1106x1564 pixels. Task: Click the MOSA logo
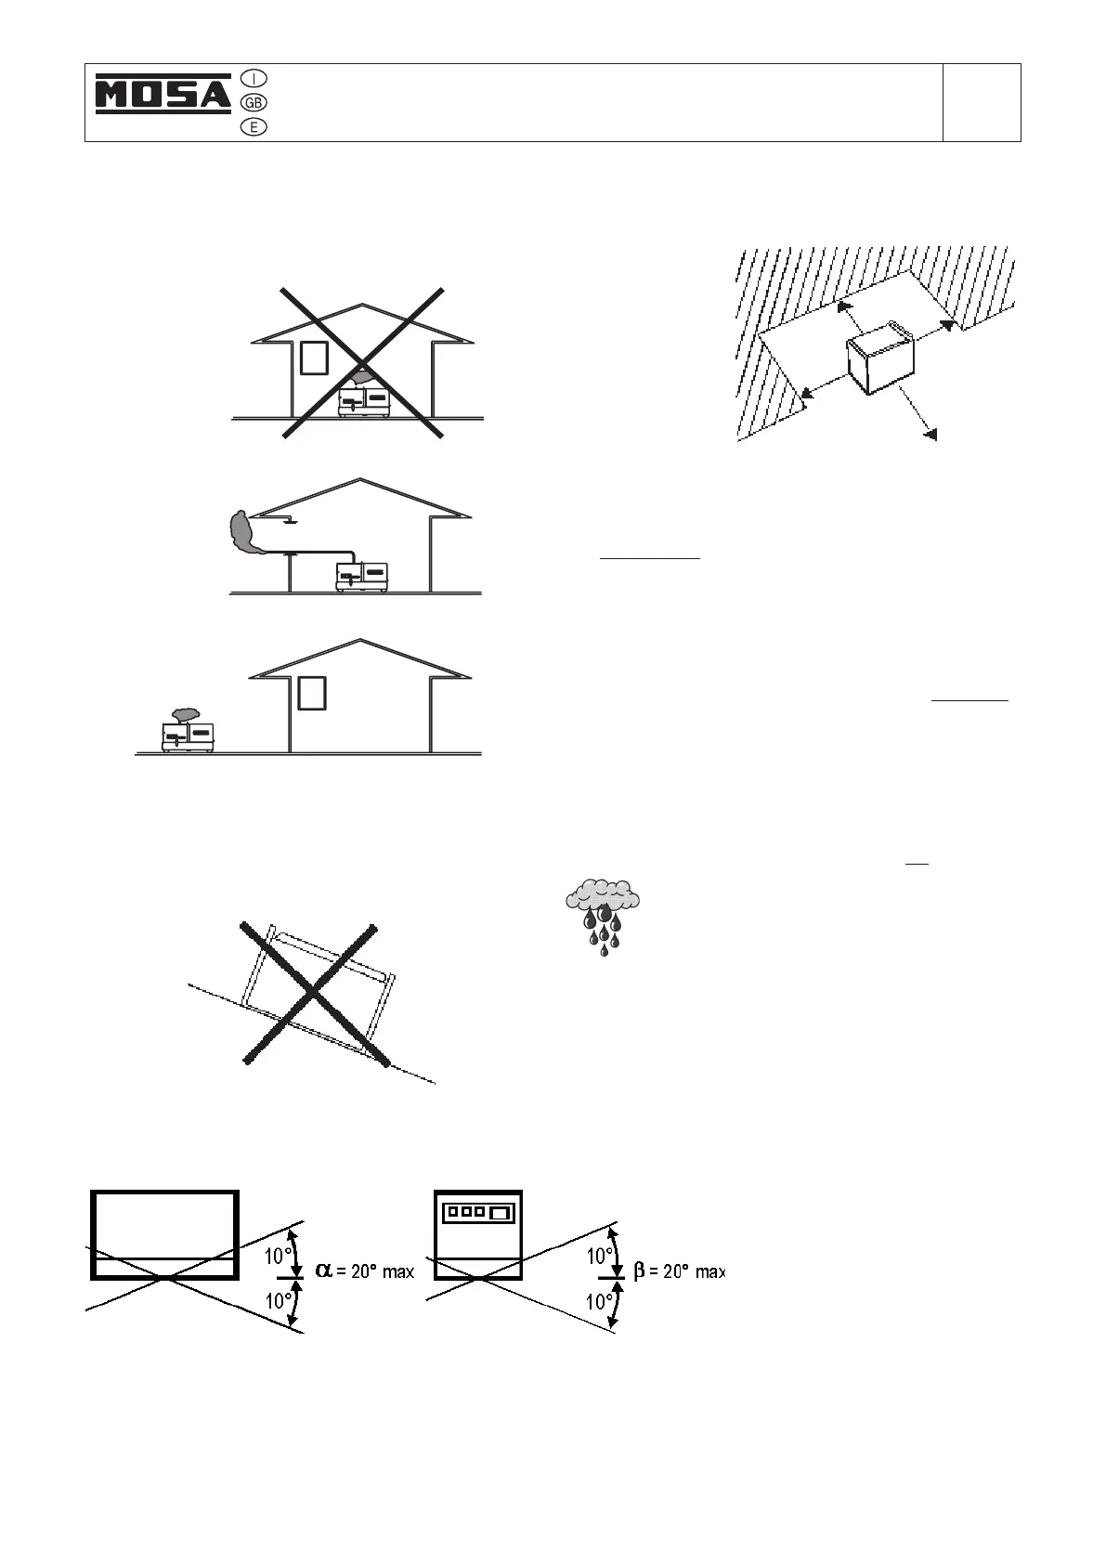[x=163, y=96]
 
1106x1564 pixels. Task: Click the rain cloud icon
[x=604, y=915]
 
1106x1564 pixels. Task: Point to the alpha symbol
[x=324, y=1270]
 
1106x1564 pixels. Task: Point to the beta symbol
[x=639, y=1271]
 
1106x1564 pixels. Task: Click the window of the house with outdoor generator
[x=312, y=693]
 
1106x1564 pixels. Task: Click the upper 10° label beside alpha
[x=279, y=1257]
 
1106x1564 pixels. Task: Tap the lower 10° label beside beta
[x=600, y=1302]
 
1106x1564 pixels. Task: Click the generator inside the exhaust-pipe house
[x=362, y=576]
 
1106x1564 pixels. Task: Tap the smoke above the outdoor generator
[x=182, y=714]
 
